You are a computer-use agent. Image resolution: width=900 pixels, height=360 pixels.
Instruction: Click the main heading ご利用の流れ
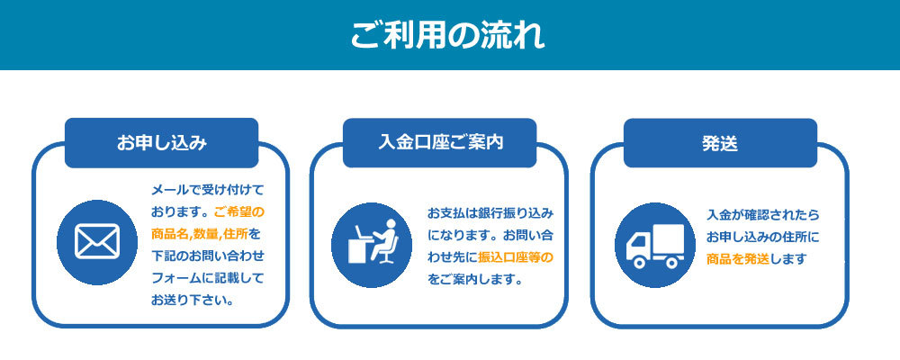447,36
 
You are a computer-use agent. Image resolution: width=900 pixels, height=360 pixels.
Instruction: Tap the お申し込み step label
161,143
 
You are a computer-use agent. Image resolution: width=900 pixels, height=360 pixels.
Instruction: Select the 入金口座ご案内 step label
440,142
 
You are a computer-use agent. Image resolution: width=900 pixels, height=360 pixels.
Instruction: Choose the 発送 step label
720,143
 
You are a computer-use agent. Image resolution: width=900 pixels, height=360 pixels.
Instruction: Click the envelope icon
97,242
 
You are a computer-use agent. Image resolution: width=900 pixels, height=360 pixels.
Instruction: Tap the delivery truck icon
655,246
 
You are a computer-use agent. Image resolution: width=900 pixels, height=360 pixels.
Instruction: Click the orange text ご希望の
238,211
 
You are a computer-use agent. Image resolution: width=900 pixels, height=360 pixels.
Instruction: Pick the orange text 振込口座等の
516,257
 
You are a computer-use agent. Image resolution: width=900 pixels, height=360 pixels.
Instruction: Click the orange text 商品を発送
738,259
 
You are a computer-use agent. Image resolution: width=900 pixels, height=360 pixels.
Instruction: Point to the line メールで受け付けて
207,190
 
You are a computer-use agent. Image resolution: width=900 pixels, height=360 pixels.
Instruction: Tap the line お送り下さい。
193,300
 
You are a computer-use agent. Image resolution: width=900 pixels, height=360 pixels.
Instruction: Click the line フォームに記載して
207,278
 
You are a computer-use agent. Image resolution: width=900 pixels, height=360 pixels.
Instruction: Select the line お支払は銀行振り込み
490,213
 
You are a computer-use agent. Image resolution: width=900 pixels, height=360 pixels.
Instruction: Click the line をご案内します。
474,280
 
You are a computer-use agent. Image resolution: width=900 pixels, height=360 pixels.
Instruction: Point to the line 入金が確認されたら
763,215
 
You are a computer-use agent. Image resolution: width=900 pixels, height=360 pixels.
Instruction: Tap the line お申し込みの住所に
763,237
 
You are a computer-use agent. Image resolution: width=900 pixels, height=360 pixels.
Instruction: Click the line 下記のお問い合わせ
207,256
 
